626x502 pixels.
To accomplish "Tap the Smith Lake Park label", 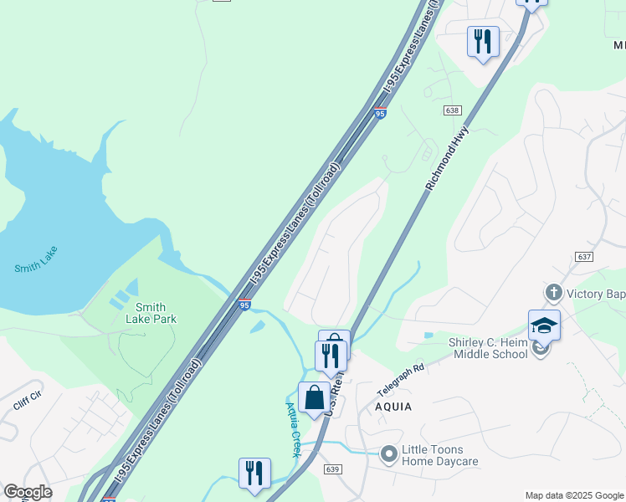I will click(151, 313).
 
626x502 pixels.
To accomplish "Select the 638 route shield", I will click(453, 110).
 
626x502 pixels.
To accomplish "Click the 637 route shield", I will click(584, 256).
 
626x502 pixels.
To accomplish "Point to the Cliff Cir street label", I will click(32, 404).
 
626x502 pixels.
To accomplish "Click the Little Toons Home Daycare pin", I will click(388, 454).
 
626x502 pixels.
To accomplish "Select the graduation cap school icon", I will click(544, 325).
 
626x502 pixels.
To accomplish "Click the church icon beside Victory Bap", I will click(552, 293).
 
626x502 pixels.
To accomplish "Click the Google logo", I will click(28, 492).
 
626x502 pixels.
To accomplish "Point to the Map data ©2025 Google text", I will click(573, 495).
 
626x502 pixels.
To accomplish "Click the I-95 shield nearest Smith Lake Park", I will click(244, 305).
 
